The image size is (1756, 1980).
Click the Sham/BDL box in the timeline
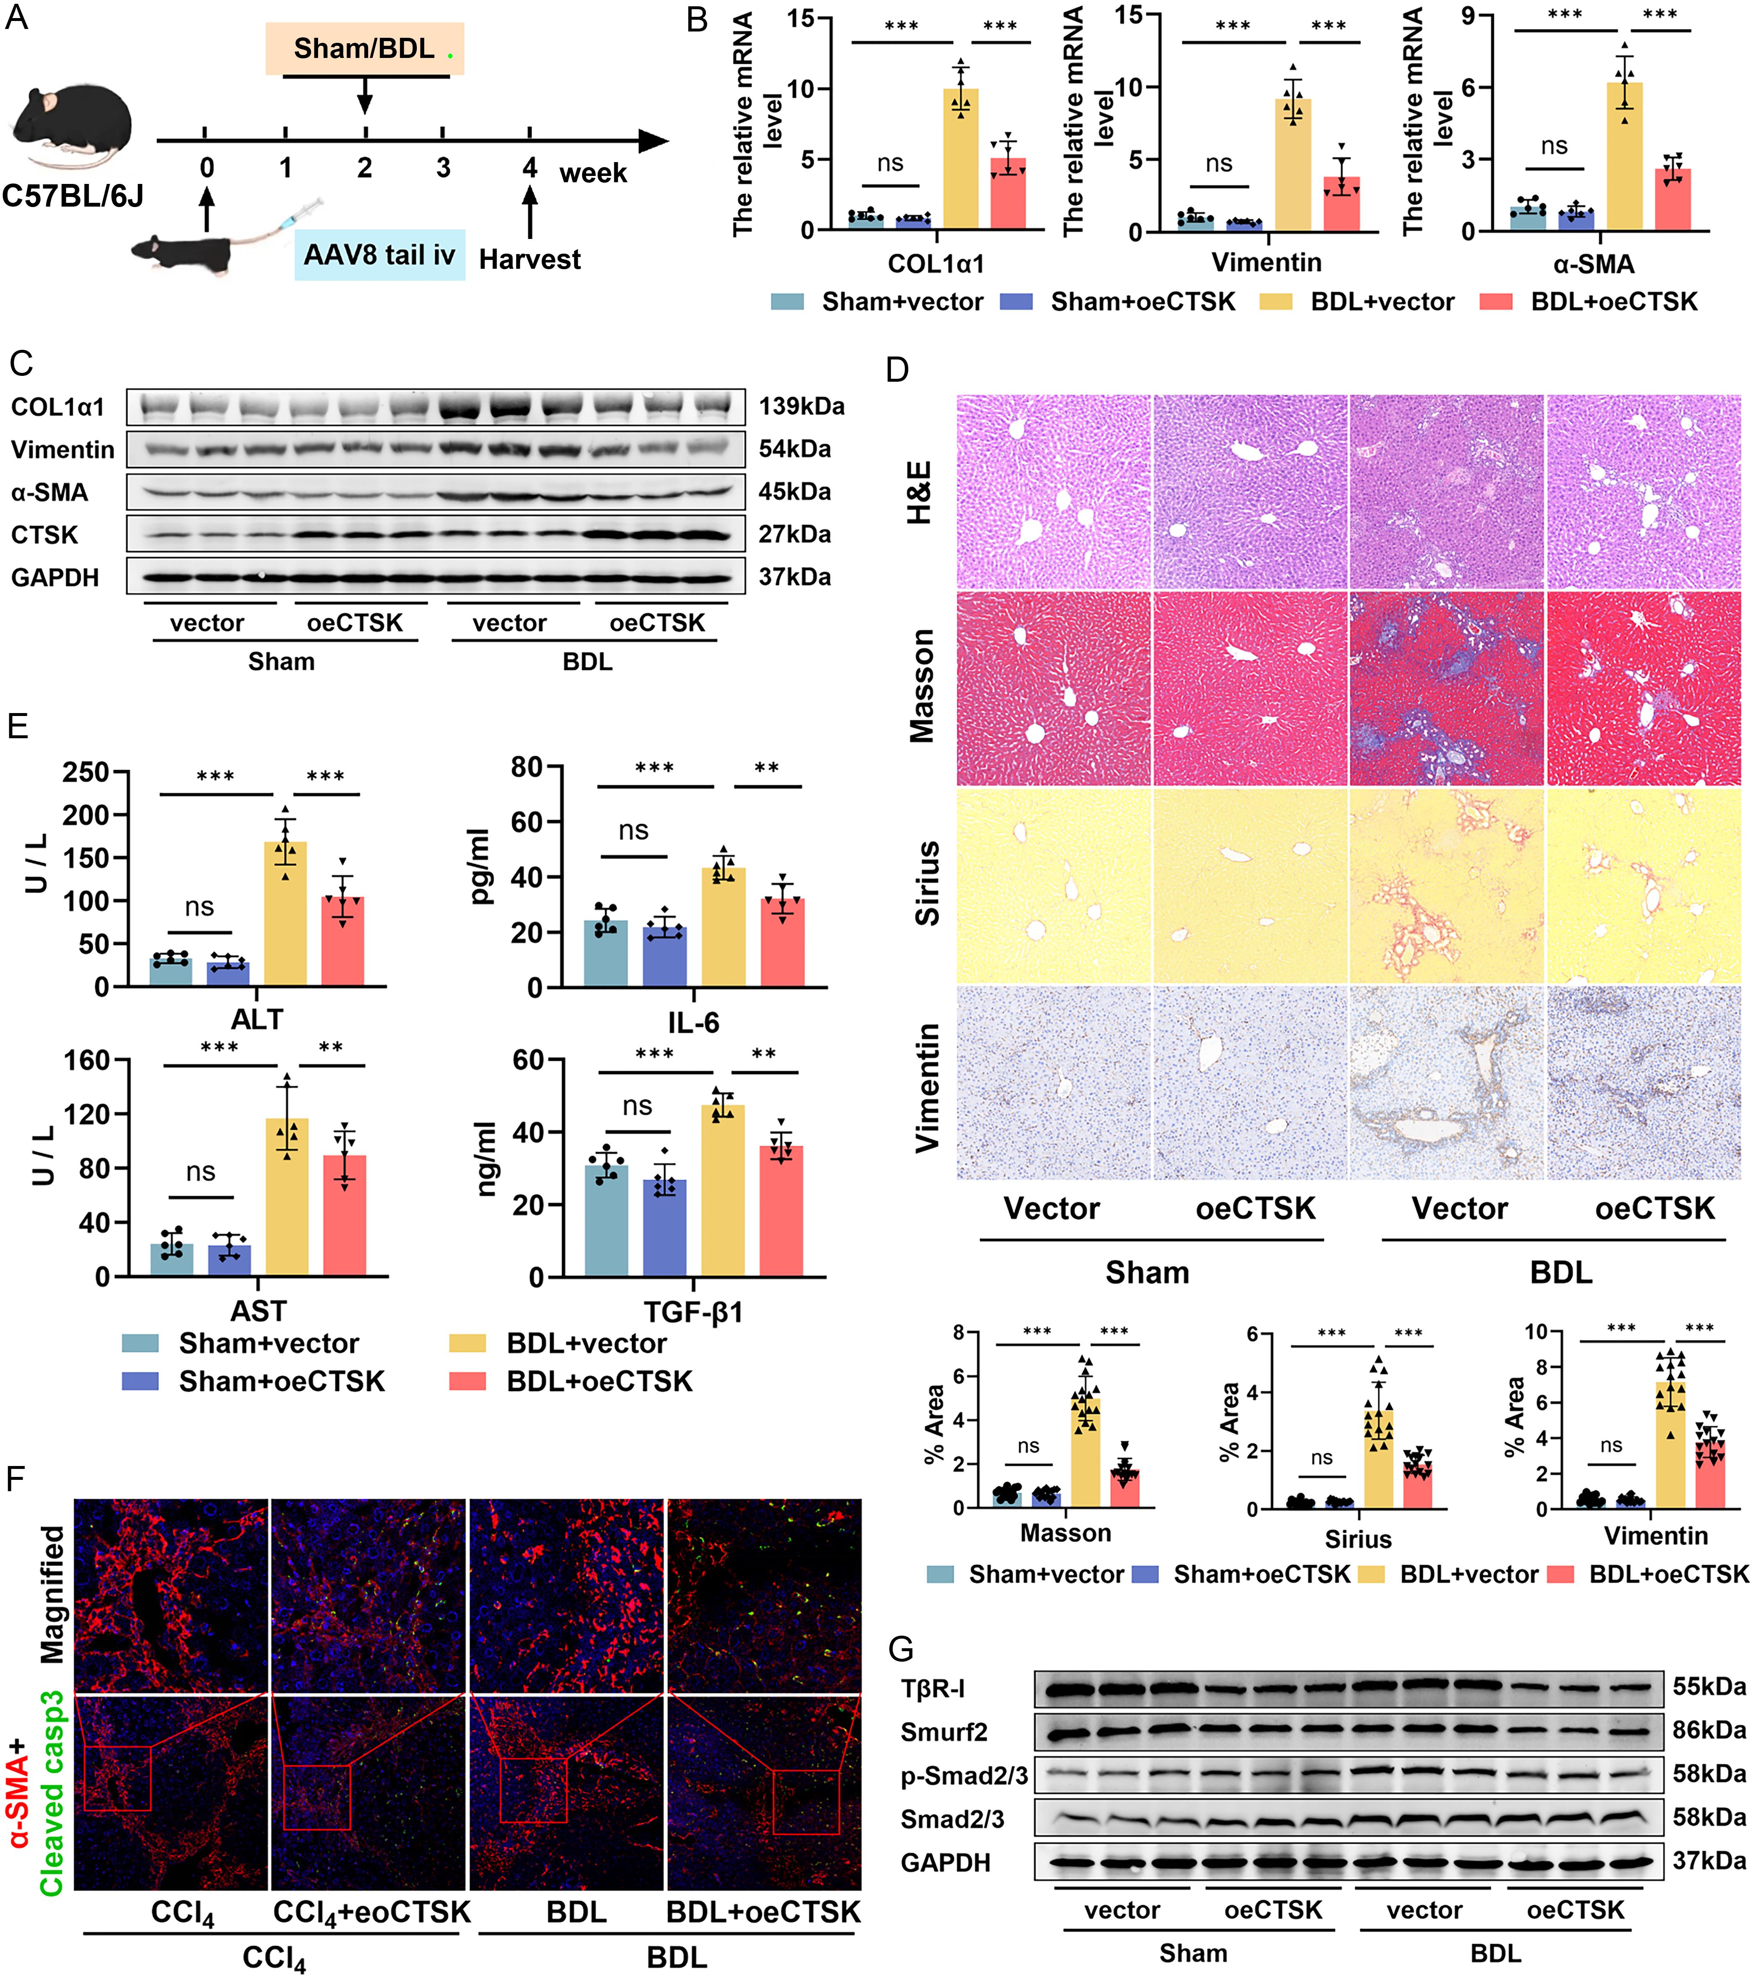click(364, 48)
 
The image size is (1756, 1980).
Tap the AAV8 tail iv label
click(379, 256)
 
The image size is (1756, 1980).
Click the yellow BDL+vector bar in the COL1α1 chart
click(961, 160)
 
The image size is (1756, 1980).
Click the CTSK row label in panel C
click(45, 535)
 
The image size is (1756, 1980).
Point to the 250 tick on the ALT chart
click(85, 772)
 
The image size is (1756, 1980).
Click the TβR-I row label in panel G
click(932, 1689)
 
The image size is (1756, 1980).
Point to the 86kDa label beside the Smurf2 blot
click(1709, 1730)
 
